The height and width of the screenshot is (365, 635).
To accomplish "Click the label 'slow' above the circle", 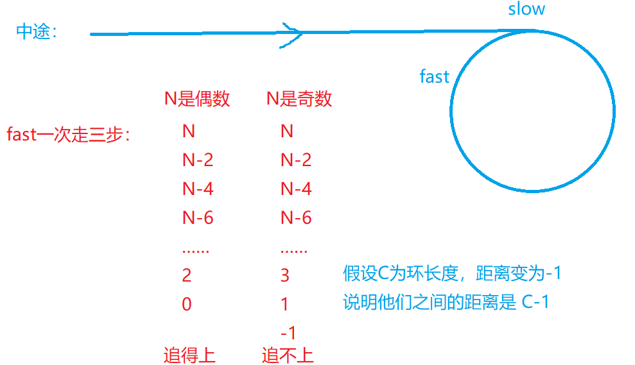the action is (x=526, y=10).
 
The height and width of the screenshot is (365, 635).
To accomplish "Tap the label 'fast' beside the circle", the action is (x=434, y=77).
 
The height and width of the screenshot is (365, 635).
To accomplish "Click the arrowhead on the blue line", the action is (x=292, y=33).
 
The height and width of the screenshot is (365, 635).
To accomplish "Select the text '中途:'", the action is (x=36, y=33).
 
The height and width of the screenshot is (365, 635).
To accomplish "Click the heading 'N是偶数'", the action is (x=197, y=99).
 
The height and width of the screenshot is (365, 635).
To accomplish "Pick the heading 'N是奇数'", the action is (x=299, y=99).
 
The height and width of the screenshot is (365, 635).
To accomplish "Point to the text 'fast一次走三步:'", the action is (x=68, y=135).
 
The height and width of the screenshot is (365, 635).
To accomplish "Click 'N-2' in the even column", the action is (x=198, y=160).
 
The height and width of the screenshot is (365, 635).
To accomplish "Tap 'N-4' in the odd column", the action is (x=296, y=189).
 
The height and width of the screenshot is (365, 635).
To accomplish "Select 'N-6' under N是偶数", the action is (x=198, y=218).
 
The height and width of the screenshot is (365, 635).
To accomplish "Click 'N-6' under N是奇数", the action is (x=296, y=218).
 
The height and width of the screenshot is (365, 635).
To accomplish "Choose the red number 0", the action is (x=187, y=304).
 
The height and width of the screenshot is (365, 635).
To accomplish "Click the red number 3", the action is (x=285, y=276).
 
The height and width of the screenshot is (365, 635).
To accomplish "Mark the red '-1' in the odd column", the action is (x=288, y=333).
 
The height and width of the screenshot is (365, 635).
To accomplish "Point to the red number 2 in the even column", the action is (x=187, y=276).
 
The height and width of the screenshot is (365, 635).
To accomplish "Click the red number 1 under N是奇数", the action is (x=285, y=304).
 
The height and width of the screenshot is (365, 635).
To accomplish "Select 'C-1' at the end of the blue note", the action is (x=535, y=302).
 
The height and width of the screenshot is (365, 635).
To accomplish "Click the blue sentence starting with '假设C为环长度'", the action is (x=453, y=274).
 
